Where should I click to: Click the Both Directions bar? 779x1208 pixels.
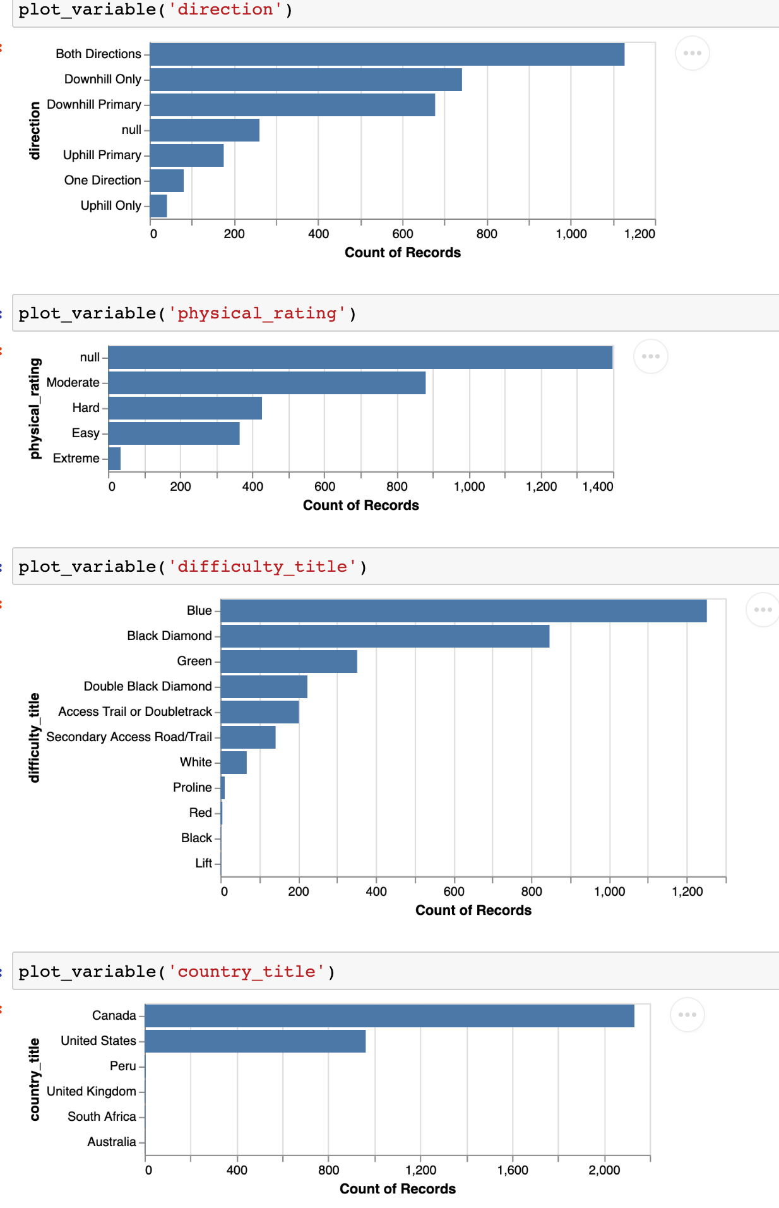point(387,54)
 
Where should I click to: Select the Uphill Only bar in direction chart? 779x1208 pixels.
point(158,206)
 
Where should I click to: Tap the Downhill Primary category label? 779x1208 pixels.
point(94,105)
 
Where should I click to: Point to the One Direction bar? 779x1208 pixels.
point(167,181)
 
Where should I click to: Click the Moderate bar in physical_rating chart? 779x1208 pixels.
point(266,383)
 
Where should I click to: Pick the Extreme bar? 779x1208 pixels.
point(114,459)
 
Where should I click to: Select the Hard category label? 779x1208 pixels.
point(86,408)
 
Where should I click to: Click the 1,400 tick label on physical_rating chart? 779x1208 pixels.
point(597,486)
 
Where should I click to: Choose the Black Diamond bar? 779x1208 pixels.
point(385,636)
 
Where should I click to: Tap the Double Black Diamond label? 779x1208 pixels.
point(148,687)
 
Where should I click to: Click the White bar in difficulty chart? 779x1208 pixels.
point(234,763)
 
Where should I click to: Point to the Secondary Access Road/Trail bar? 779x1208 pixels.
point(248,737)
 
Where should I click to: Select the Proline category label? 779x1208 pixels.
point(193,788)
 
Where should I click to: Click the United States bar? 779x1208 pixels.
point(255,1041)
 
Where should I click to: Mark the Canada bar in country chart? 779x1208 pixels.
point(389,1016)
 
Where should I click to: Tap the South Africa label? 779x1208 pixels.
point(102,1117)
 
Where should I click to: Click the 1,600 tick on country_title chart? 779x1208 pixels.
point(513,1170)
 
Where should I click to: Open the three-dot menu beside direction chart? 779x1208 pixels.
point(692,53)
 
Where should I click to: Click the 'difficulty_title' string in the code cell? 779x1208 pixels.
point(262,566)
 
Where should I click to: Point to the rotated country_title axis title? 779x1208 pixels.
point(35,1079)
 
